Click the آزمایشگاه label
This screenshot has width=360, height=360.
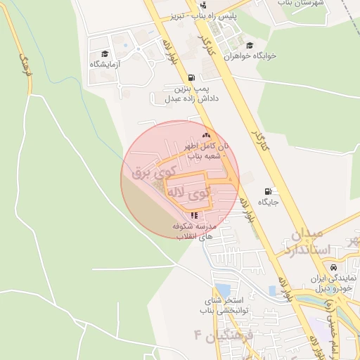point(105,64)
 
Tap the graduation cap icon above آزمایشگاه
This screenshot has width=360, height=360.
point(105,53)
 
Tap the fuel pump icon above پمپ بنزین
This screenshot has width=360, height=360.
point(191,77)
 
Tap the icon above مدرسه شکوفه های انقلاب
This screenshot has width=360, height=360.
point(193,215)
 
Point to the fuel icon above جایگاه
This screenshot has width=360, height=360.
point(269,191)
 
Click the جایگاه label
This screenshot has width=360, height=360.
point(269,202)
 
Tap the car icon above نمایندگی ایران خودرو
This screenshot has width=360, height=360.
point(333,267)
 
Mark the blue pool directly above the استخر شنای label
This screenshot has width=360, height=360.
point(223,290)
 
